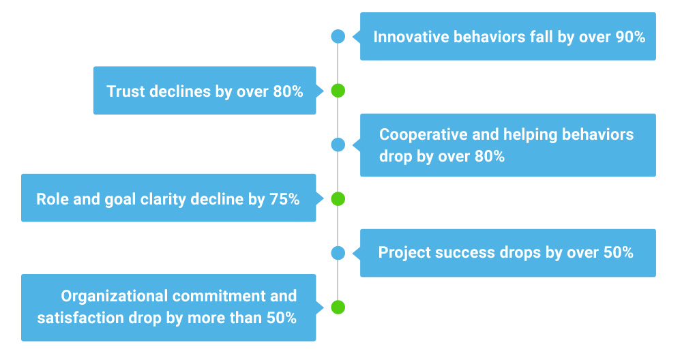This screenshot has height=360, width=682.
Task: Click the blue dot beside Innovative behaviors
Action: (338, 36)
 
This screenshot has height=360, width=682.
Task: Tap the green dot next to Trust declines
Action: (338, 91)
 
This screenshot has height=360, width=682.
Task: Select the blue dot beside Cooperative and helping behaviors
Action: (338, 145)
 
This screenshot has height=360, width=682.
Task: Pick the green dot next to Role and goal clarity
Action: (338, 199)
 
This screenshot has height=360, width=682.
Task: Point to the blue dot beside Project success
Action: (338, 253)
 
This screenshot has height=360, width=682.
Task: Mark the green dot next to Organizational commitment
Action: (338, 307)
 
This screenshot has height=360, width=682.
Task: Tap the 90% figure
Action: (630, 37)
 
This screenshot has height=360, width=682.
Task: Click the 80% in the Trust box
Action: (288, 91)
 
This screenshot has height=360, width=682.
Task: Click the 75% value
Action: (284, 200)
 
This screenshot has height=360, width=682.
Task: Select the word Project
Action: (402, 253)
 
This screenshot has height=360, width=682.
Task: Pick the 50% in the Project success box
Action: (619, 253)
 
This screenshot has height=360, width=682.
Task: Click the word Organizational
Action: (114, 296)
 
